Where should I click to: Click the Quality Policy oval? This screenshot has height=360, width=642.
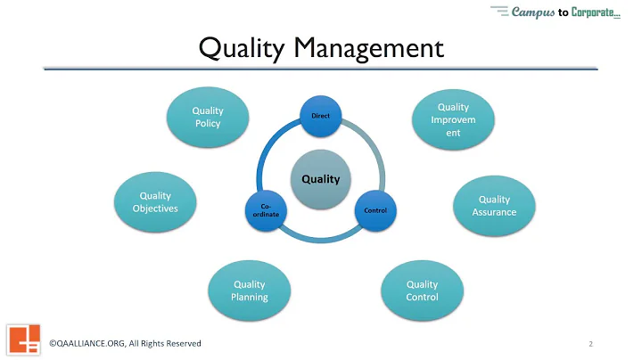(207, 117)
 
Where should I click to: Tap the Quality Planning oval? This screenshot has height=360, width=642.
(250, 290)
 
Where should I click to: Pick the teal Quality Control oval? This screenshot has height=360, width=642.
(422, 290)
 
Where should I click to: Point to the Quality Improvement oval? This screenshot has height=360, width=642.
(453, 120)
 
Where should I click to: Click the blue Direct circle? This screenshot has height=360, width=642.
(320, 117)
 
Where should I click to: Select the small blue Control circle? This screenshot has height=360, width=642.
(374, 210)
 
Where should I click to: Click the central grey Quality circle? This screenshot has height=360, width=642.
(320, 179)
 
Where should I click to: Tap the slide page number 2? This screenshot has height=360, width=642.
(590, 344)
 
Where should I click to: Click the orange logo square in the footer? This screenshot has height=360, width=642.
(24, 340)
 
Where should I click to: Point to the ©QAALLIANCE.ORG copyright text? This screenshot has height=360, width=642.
(88, 344)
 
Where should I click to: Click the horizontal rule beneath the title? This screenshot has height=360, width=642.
(320, 68)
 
